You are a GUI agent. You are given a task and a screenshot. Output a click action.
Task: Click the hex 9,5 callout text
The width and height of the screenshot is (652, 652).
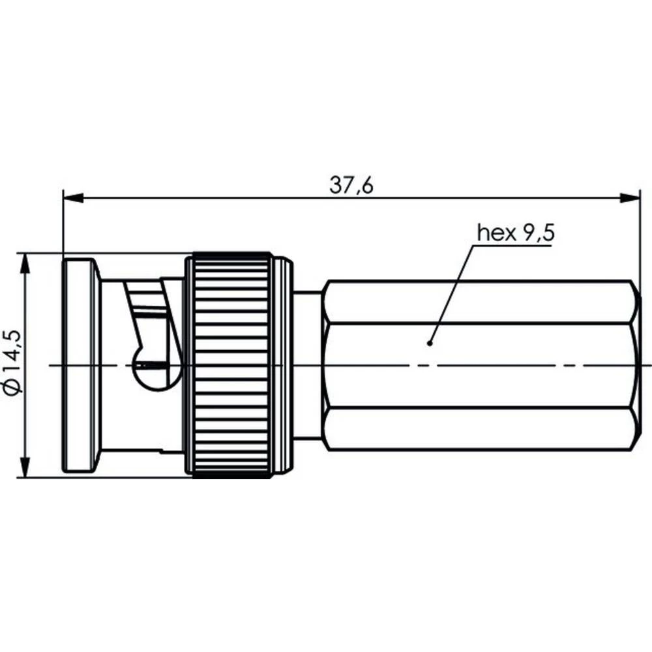(x=515, y=232)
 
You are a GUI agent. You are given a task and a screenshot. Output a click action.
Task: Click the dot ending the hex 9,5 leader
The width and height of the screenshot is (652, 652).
(x=430, y=342)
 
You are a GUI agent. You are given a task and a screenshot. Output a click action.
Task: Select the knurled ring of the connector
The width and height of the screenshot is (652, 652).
(x=228, y=365)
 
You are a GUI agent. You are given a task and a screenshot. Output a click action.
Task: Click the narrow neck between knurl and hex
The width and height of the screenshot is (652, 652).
(x=308, y=365)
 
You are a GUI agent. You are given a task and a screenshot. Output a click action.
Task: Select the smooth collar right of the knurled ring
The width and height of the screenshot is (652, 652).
(x=282, y=365)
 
